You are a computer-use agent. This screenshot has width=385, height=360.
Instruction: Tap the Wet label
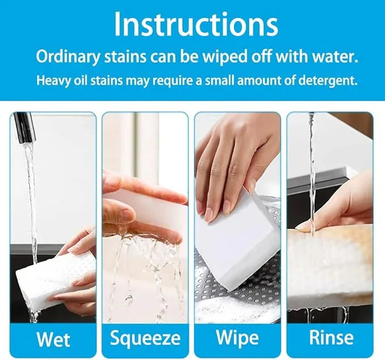tap(53, 339)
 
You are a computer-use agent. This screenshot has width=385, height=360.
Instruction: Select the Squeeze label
tap(145, 338)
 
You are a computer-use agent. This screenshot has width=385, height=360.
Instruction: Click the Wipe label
tap(238, 338)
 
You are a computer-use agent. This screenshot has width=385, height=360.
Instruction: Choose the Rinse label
tap(331, 338)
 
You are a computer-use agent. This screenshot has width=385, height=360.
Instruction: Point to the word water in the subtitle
tap(333, 57)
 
